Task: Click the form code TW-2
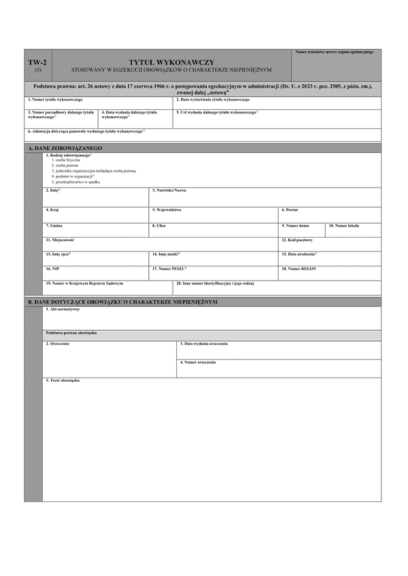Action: [x=37, y=62]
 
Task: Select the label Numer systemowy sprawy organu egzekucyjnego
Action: [x=335, y=52]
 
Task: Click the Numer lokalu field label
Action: [x=343, y=225]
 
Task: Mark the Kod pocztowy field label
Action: [x=297, y=240]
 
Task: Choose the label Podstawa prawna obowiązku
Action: [x=71, y=333]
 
